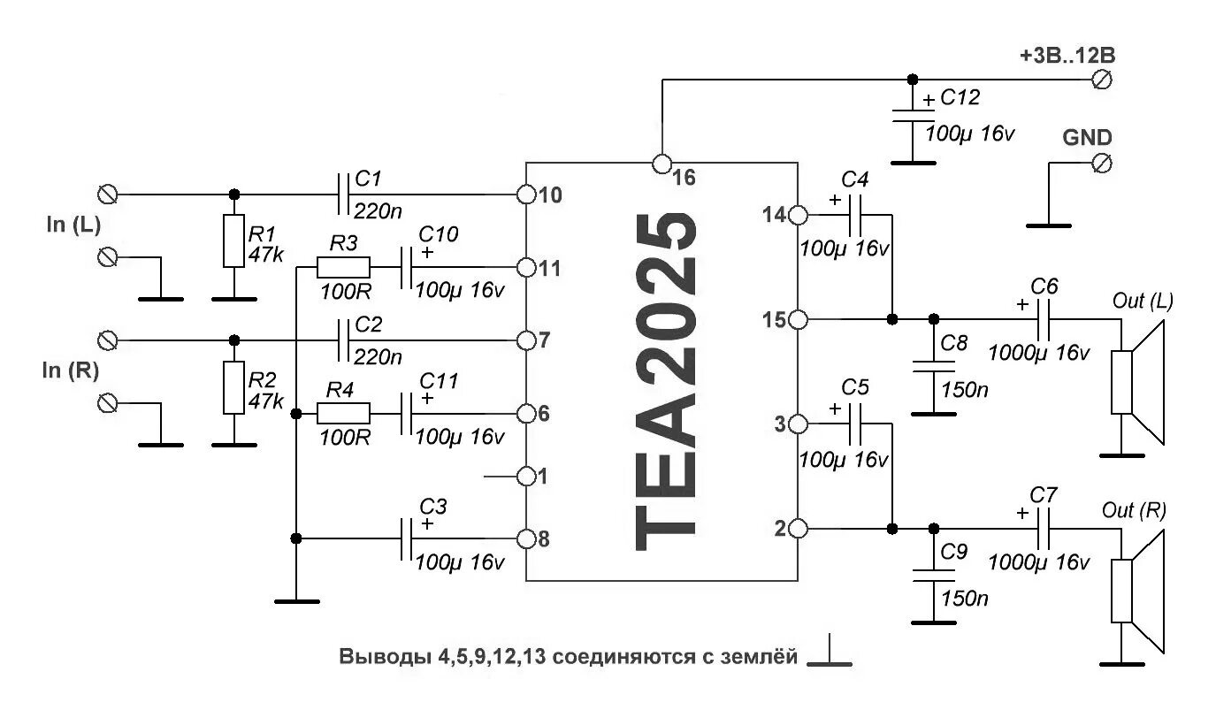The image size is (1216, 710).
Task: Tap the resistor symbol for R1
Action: click(233, 240)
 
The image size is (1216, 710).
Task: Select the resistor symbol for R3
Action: click(344, 266)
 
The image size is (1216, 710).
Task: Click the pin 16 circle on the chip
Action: click(661, 164)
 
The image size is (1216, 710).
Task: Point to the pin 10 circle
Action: click(526, 194)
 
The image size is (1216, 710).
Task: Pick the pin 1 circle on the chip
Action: click(526, 477)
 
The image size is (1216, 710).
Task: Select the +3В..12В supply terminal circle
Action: click(1102, 80)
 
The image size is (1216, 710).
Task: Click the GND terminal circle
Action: click(1102, 164)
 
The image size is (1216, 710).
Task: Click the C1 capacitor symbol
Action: click(344, 194)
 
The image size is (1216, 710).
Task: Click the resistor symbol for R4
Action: click(344, 413)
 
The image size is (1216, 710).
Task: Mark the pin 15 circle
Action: click(797, 319)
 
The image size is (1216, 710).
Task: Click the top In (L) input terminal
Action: click(110, 194)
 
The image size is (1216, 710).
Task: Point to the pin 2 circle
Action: click(797, 529)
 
